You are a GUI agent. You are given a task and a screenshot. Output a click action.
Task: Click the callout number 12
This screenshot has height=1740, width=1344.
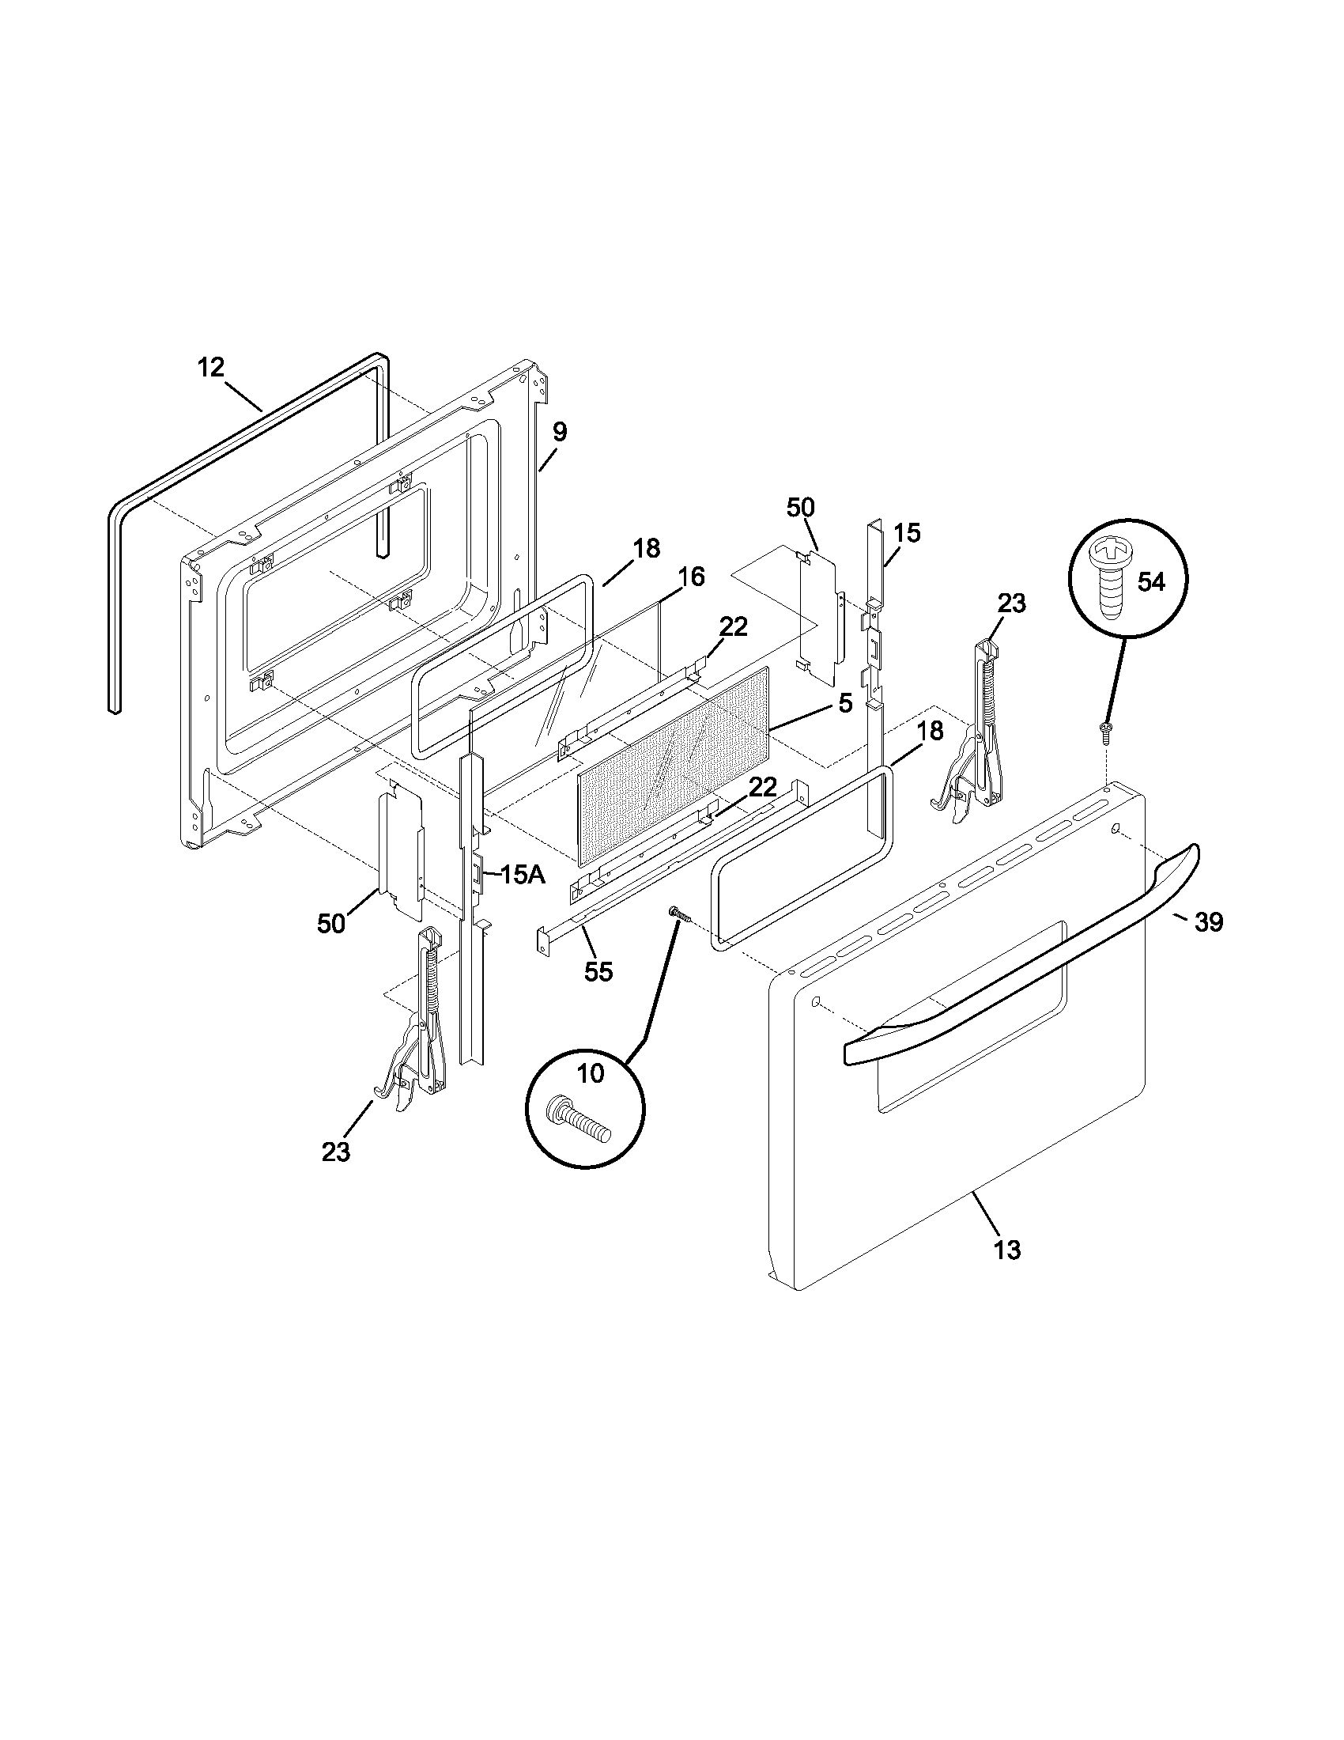click(211, 368)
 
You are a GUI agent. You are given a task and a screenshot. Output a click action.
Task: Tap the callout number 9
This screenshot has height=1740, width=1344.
click(560, 433)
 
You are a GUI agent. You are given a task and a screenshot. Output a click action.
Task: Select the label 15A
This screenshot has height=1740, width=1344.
click(523, 875)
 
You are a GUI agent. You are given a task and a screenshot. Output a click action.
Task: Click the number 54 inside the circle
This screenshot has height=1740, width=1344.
click(1150, 582)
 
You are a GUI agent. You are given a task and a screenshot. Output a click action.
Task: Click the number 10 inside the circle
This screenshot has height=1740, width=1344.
click(590, 1075)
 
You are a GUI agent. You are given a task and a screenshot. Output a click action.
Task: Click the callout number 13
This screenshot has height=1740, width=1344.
click(1006, 1249)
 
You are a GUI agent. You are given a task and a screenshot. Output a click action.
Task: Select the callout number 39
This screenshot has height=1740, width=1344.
click(1209, 921)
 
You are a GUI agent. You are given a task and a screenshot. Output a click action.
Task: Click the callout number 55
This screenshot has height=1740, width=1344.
click(598, 971)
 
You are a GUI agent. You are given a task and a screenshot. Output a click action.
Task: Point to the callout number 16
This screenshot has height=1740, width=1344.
click(691, 577)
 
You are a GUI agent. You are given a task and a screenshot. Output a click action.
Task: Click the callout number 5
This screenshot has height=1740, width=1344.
click(845, 702)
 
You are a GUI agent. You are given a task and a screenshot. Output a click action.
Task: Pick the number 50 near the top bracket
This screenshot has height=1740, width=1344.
click(800, 508)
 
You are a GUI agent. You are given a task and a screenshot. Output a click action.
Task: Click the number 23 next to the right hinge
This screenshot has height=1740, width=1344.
click(1011, 603)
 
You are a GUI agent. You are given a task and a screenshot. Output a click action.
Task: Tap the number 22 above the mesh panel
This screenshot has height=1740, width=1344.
click(734, 627)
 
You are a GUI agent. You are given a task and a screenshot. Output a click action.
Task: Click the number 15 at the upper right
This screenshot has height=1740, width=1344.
click(906, 533)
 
